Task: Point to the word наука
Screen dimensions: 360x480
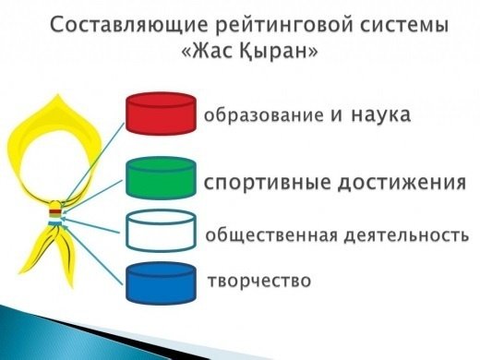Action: pos(379,115)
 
